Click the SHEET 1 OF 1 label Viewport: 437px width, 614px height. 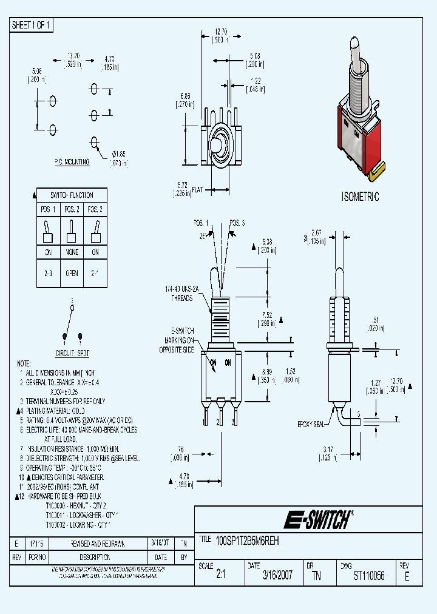point(32,25)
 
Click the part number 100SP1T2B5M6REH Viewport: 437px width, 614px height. point(247,539)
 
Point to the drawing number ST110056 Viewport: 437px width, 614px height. point(369,576)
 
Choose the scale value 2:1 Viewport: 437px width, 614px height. point(220,576)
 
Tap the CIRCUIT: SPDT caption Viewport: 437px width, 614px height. point(73,353)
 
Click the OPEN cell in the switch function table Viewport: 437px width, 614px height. point(72,273)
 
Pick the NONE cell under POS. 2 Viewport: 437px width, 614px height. point(72,252)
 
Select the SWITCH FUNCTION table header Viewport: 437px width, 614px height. point(72,195)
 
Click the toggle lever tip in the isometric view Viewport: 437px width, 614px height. point(354,46)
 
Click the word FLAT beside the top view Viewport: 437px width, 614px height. point(197,190)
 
